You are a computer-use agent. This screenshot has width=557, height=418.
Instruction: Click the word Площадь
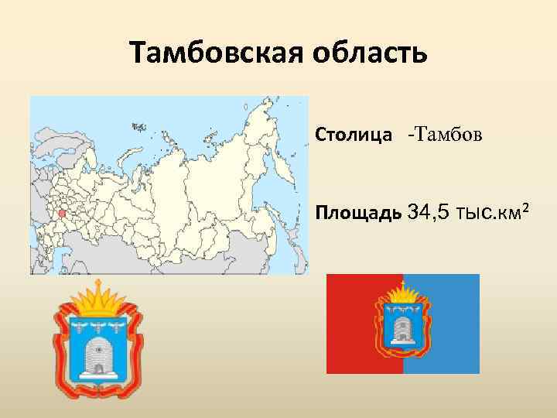pos(357,211)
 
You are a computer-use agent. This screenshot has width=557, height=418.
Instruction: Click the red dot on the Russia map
pos(62,213)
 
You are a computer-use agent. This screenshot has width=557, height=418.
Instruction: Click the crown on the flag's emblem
pos(403,293)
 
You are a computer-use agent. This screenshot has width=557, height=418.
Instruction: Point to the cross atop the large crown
pos(98,285)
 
